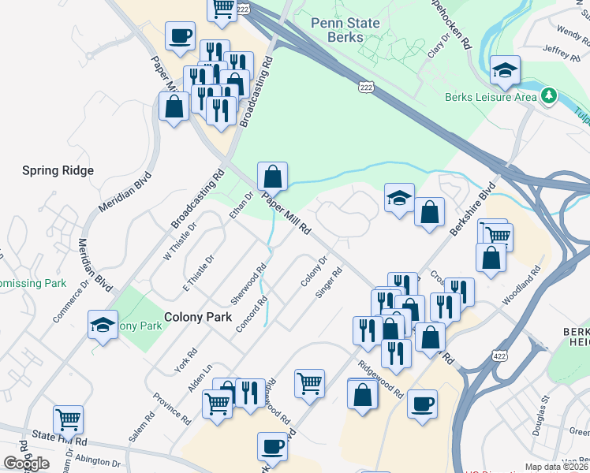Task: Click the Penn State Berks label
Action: click(345, 30)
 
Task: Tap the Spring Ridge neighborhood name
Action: click(58, 170)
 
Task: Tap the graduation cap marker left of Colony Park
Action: click(103, 325)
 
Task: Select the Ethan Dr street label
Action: click(239, 205)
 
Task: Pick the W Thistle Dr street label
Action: click(179, 241)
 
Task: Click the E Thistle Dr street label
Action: click(199, 273)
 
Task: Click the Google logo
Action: click(27, 463)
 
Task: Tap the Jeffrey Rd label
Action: click(561, 53)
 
